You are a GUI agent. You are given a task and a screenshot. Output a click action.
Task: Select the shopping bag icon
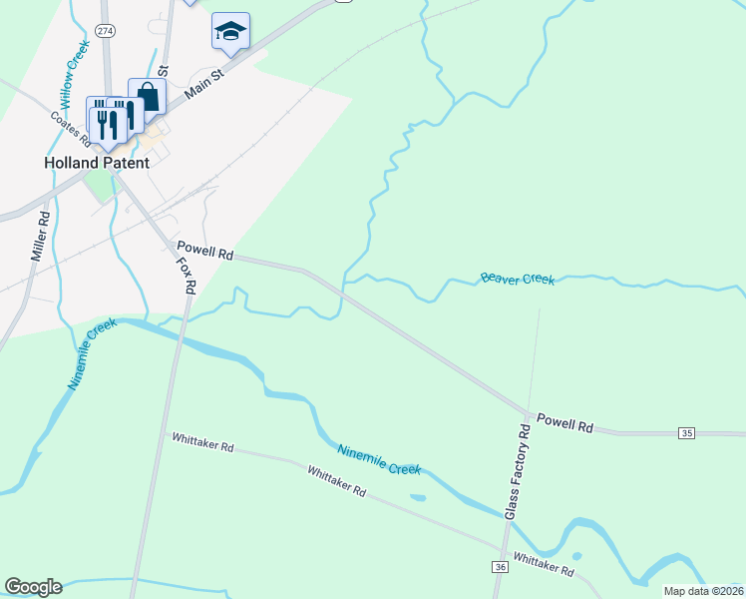click(x=147, y=98)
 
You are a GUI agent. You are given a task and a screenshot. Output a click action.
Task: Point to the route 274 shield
click(x=106, y=32)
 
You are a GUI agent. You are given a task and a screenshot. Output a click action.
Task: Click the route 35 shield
click(x=686, y=432)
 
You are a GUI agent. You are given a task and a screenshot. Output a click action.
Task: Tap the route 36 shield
click(x=500, y=566)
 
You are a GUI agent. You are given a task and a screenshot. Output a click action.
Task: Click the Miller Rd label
click(x=41, y=237)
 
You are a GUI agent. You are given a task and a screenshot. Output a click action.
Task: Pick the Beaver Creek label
click(x=517, y=279)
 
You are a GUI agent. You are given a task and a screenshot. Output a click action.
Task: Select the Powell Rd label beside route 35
click(x=564, y=424)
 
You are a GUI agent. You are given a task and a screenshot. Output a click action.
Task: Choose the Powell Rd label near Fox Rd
click(x=204, y=250)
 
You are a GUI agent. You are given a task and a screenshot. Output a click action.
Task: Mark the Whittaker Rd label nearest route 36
click(x=544, y=564)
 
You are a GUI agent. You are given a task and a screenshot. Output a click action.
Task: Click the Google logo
click(x=34, y=587)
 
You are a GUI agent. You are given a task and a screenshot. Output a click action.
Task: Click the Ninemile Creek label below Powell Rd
click(x=378, y=459)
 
